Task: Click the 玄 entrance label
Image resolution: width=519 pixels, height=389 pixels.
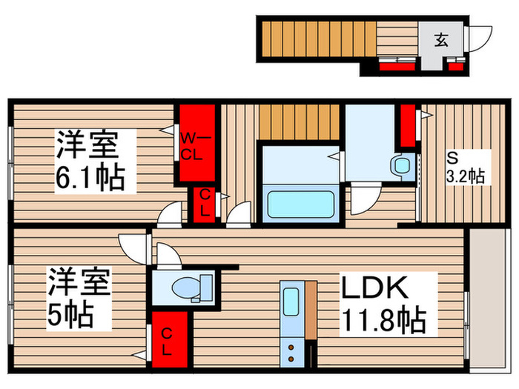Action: tap(440, 39)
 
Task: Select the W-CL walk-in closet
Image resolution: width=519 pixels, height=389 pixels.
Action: tap(194, 144)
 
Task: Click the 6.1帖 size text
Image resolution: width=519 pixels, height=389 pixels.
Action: tap(88, 177)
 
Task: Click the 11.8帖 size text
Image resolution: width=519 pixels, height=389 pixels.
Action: tap(383, 321)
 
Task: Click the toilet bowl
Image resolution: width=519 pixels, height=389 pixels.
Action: tap(182, 286)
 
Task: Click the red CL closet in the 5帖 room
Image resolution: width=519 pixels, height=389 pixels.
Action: tap(168, 339)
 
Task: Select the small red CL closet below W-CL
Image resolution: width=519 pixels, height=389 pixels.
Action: tap(203, 203)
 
